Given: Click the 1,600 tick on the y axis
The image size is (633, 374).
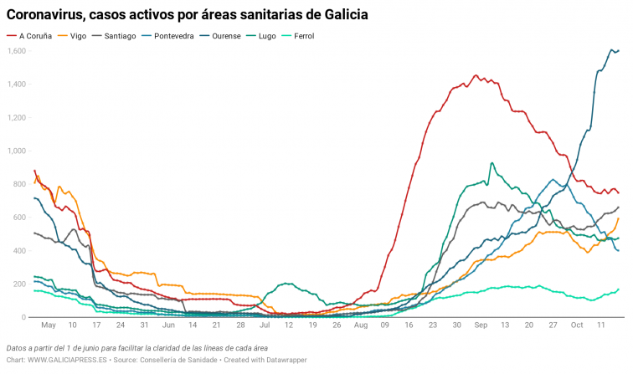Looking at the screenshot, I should [17, 51].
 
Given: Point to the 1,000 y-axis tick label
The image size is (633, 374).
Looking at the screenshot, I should [17, 151].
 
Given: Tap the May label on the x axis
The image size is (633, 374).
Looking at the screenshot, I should [48, 325].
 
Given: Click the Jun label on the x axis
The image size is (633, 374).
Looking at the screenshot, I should [168, 325].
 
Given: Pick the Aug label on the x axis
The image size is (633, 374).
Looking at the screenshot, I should [360, 325].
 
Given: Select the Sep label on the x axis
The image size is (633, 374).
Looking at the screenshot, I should [481, 325].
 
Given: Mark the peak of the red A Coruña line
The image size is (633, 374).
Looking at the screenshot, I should [476, 75].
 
